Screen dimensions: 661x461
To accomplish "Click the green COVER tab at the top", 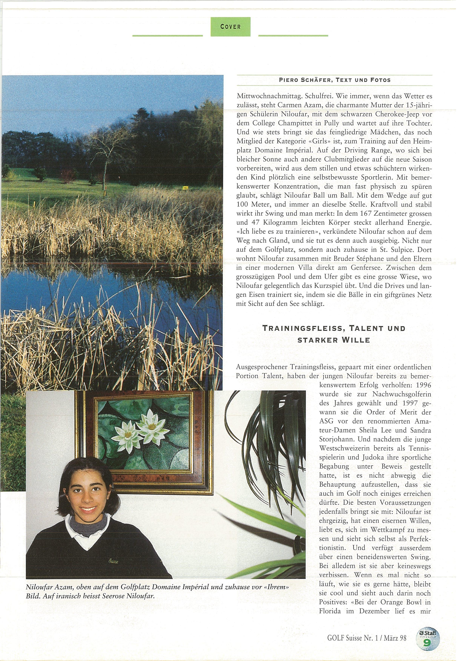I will click(x=230, y=27).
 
